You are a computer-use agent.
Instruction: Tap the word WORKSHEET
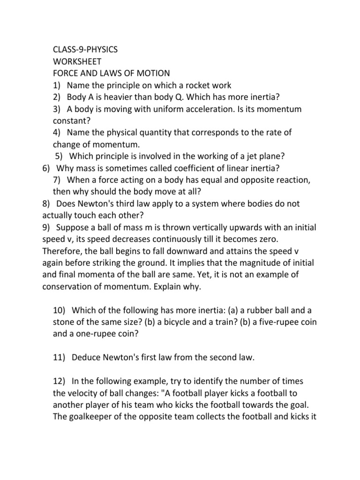click(x=77, y=61)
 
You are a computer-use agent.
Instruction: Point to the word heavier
click(x=127, y=97)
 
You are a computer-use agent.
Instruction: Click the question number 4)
click(x=57, y=133)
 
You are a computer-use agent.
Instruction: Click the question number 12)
click(x=59, y=382)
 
